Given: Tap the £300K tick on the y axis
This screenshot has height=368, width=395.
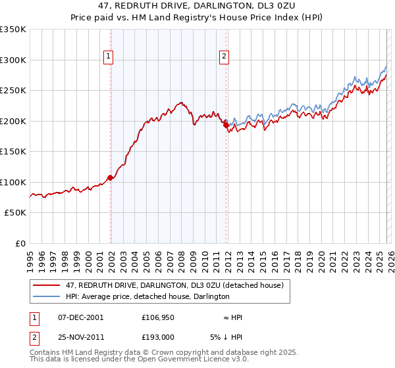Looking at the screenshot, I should coord(13,60).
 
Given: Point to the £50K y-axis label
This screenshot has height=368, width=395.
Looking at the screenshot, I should coord(14,213).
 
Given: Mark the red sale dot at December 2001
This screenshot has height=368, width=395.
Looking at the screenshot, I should coord(110,177).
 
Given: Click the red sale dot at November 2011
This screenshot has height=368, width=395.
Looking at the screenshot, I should coord(226,124).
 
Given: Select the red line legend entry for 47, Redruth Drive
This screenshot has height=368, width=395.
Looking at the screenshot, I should coord(174,285).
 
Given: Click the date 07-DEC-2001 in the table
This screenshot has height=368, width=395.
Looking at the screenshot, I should coord(80,317).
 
